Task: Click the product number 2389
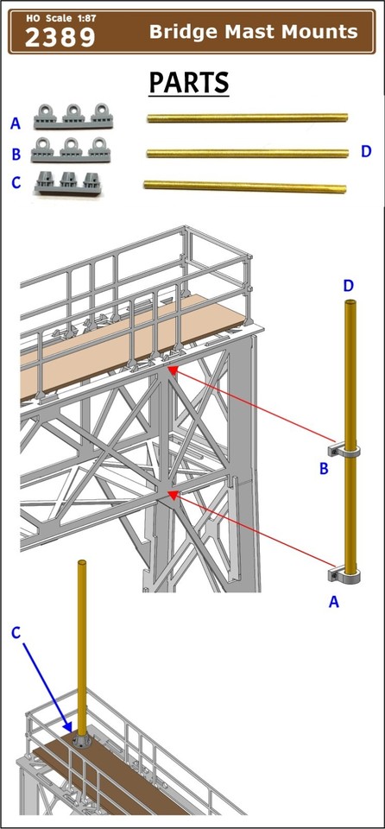click(x=60, y=37)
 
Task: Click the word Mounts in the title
click(x=319, y=32)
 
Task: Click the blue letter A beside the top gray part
click(x=15, y=124)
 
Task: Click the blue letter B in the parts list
click(x=15, y=155)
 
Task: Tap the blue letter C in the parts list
click(x=15, y=182)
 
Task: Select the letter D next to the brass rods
click(x=366, y=152)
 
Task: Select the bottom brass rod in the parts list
click(x=245, y=185)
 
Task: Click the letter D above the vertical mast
click(x=348, y=286)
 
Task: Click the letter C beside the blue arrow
click(x=16, y=632)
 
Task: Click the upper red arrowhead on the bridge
click(x=174, y=370)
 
